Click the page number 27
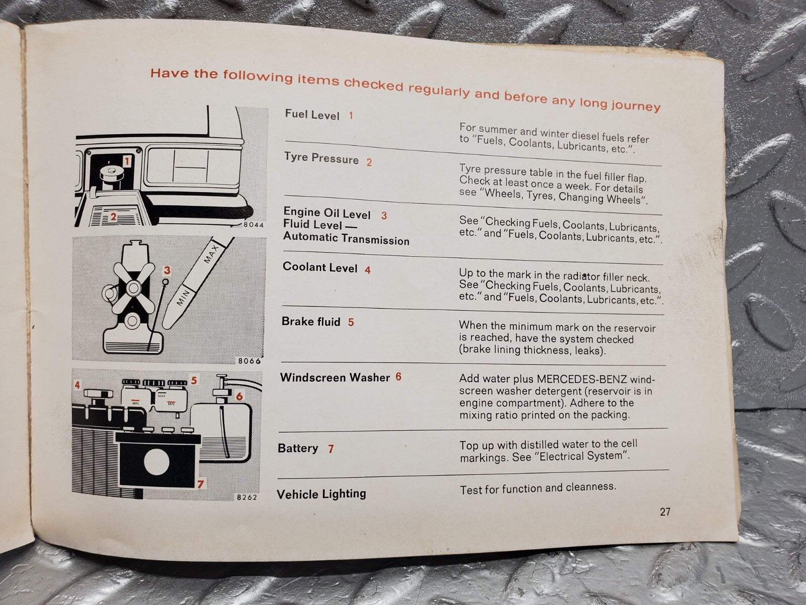(x=665, y=512)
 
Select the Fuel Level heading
(x=312, y=114)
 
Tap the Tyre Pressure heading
(x=321, y=158)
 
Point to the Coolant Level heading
(x=320, y=267)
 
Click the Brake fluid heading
(x=311, y=322)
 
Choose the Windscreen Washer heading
(x=335, y=377)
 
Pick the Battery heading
(x=298, y=448)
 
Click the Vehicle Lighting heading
(x=321, y=493)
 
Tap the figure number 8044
(x=253, y=225)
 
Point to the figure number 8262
(x=246, y=497)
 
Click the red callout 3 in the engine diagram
(x=167, y=270)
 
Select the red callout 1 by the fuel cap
(x=127, y=161)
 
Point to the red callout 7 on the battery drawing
(x=200, y=484)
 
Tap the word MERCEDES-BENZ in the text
(x=582, y=379)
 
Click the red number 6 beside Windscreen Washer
(x=398, y=377)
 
